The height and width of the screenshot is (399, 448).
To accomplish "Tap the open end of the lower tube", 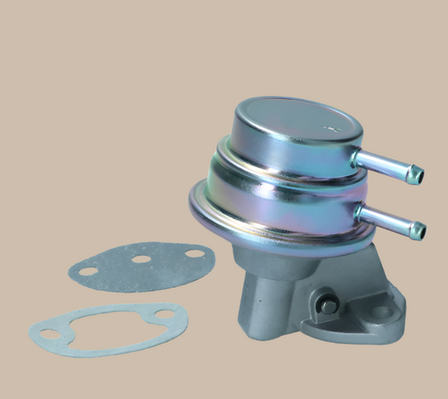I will (418, 227).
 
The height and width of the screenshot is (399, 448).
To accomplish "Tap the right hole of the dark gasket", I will (192, 251).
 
